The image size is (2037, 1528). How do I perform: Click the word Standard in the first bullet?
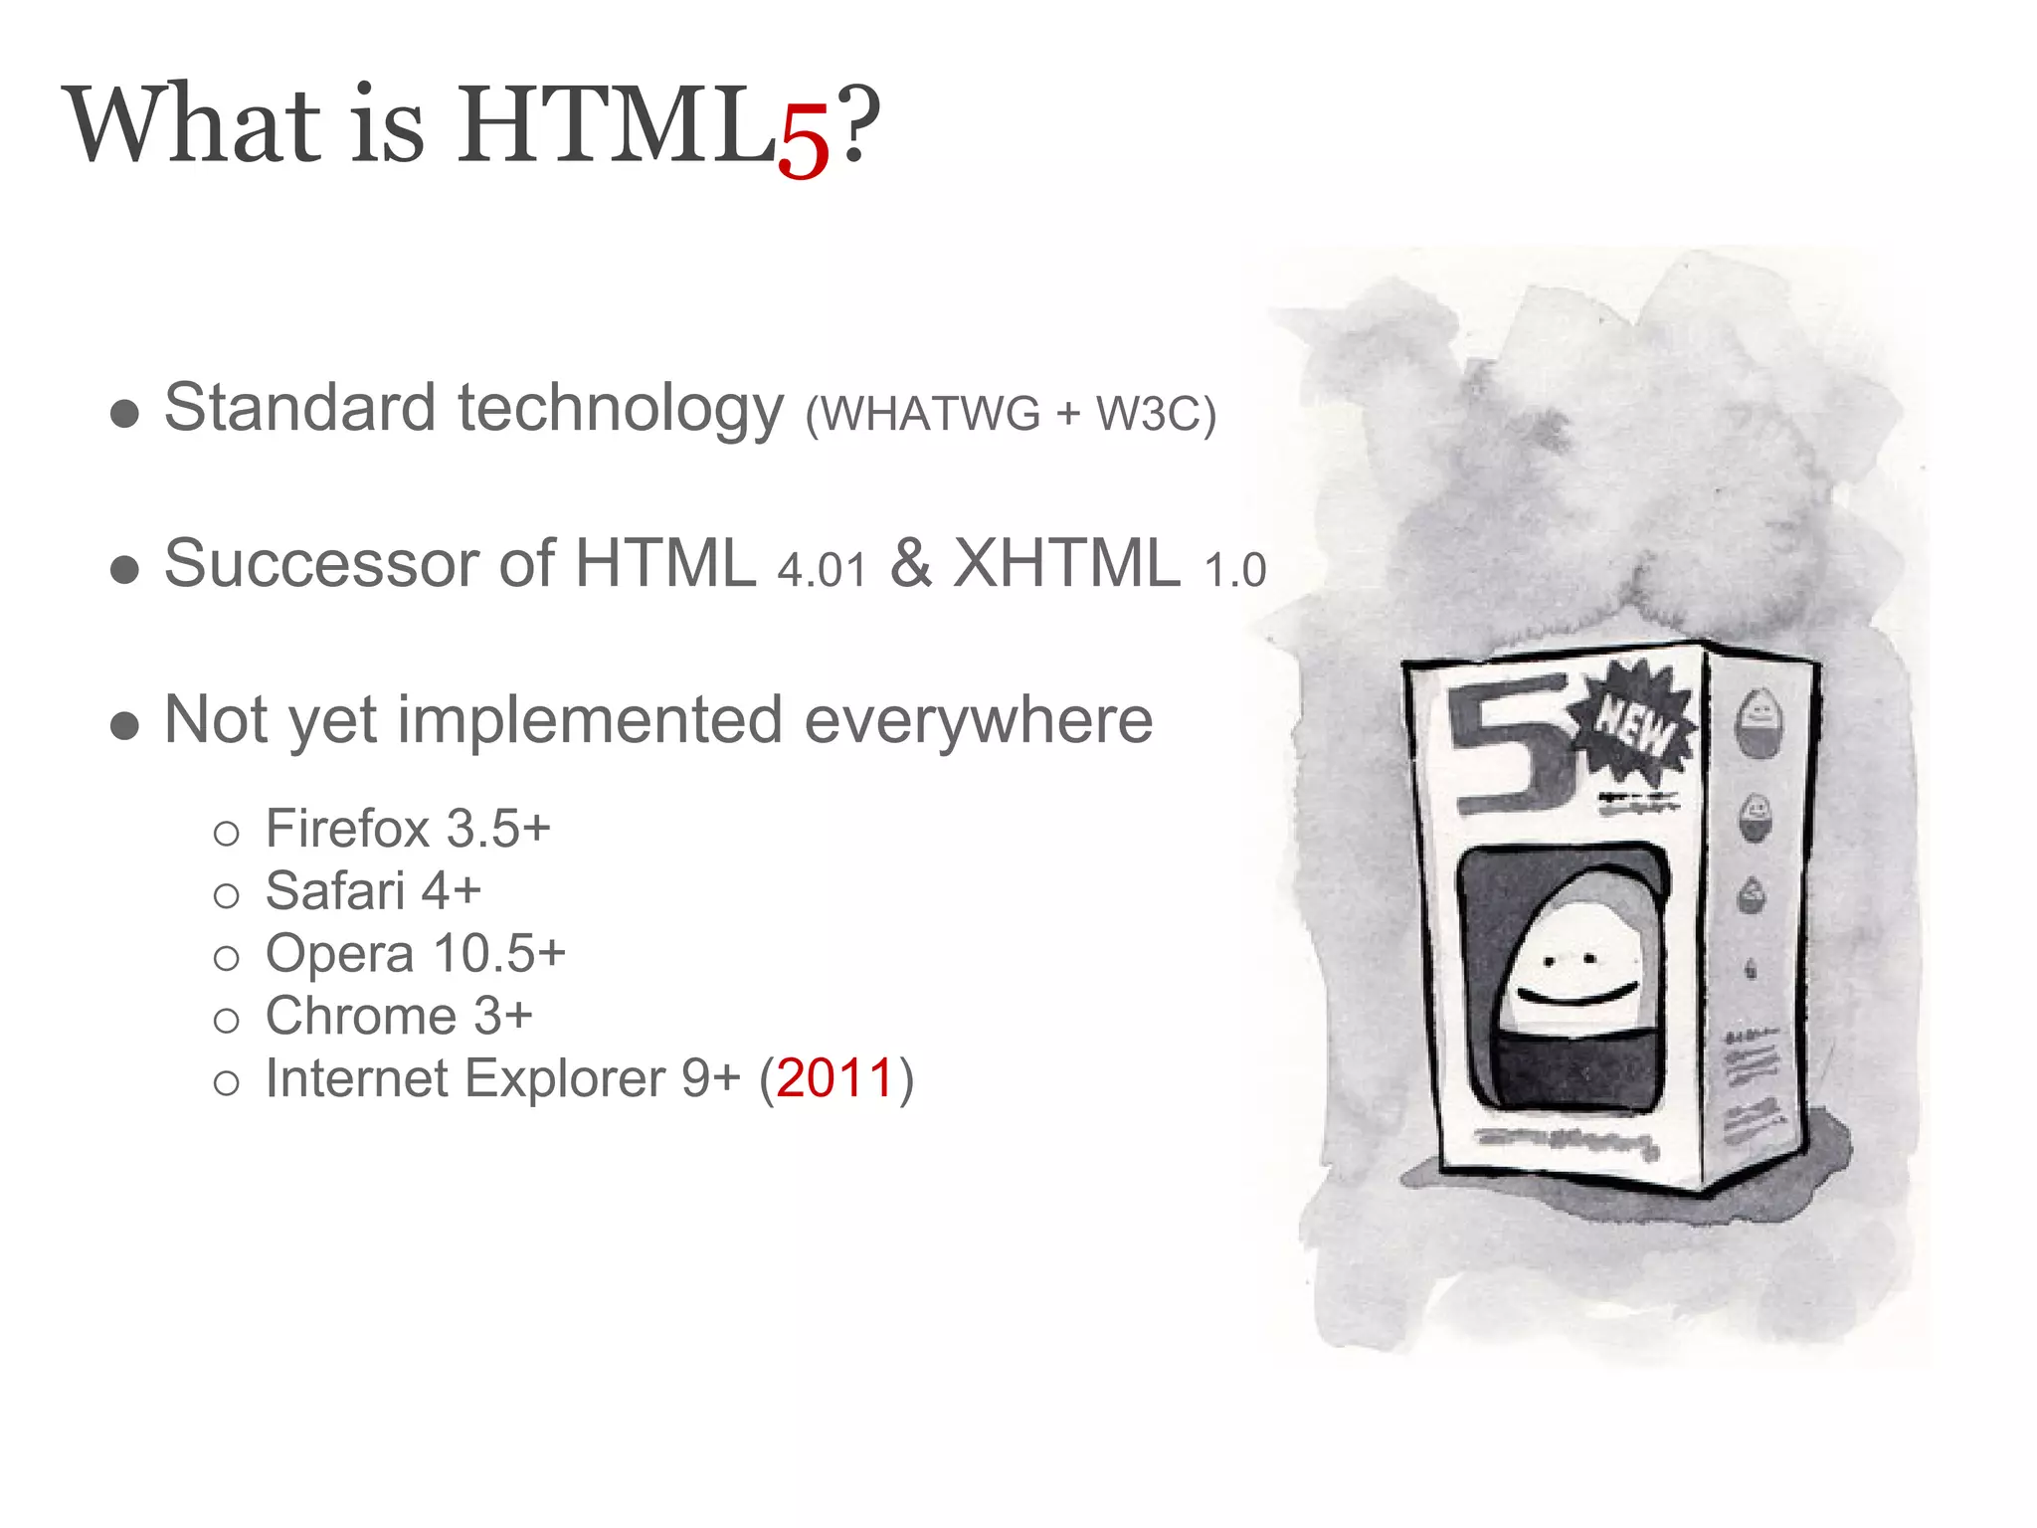point(299,408)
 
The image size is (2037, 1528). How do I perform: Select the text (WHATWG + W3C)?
point(1011,414)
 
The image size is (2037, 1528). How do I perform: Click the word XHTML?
point(1066,564)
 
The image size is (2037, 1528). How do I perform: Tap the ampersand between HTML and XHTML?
point(910,563)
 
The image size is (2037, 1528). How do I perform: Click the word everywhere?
point(978,719)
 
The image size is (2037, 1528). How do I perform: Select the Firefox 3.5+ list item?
point(407,829)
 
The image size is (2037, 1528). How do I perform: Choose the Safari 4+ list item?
point(373,891)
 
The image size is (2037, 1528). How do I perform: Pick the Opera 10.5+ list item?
point(415,954)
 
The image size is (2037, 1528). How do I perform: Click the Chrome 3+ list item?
point(398,1017)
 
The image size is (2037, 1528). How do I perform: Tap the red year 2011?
point(835,1079)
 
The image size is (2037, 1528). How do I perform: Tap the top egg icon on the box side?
point(1759,718)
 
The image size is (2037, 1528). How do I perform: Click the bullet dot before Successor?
point(124,570)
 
